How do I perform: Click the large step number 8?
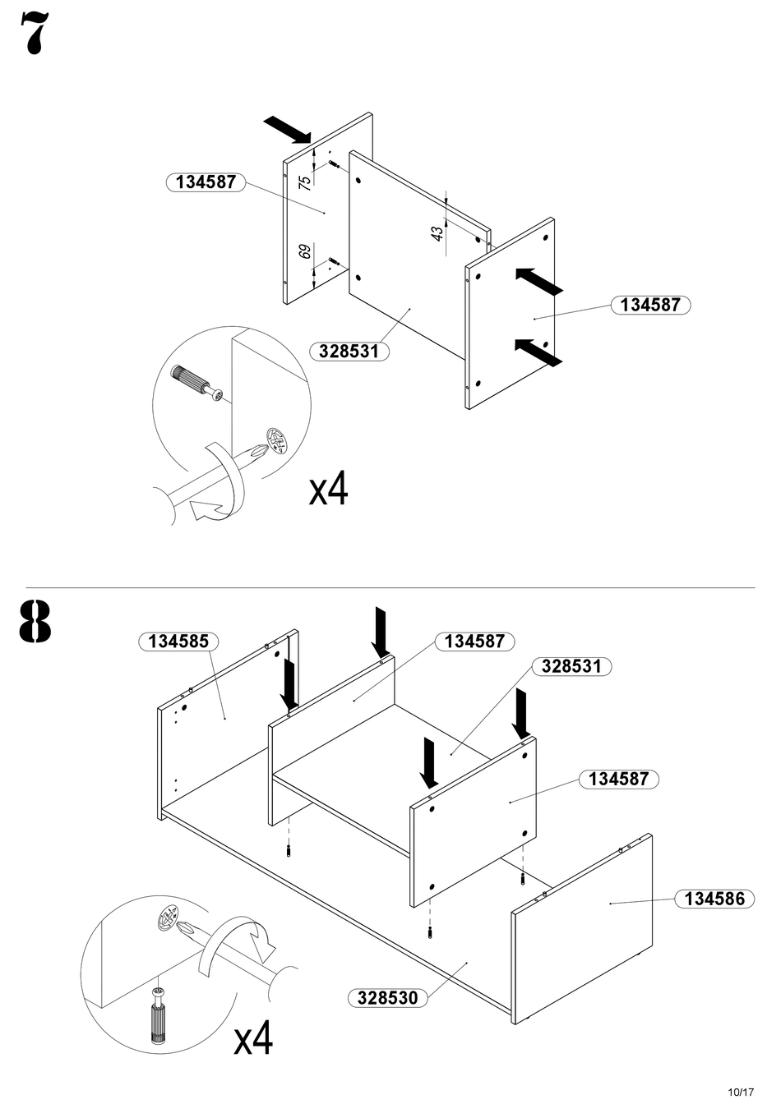click(35, 623)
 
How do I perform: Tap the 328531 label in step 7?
click(349, 352)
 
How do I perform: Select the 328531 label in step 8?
click(571, 666)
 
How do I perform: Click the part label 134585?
click(178, 642)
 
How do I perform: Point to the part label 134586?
click(714, 899)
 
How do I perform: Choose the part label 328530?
click(387, 998)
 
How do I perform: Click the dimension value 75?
click(305, 182)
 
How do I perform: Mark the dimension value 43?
click(437, 232)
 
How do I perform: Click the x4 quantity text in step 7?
click(329, 490)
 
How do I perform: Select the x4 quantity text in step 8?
click(253, 1039)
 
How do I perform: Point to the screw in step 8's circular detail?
click(157, 1015)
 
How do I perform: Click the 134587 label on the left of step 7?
click(206, 182)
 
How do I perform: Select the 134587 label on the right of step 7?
click(650, 305)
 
